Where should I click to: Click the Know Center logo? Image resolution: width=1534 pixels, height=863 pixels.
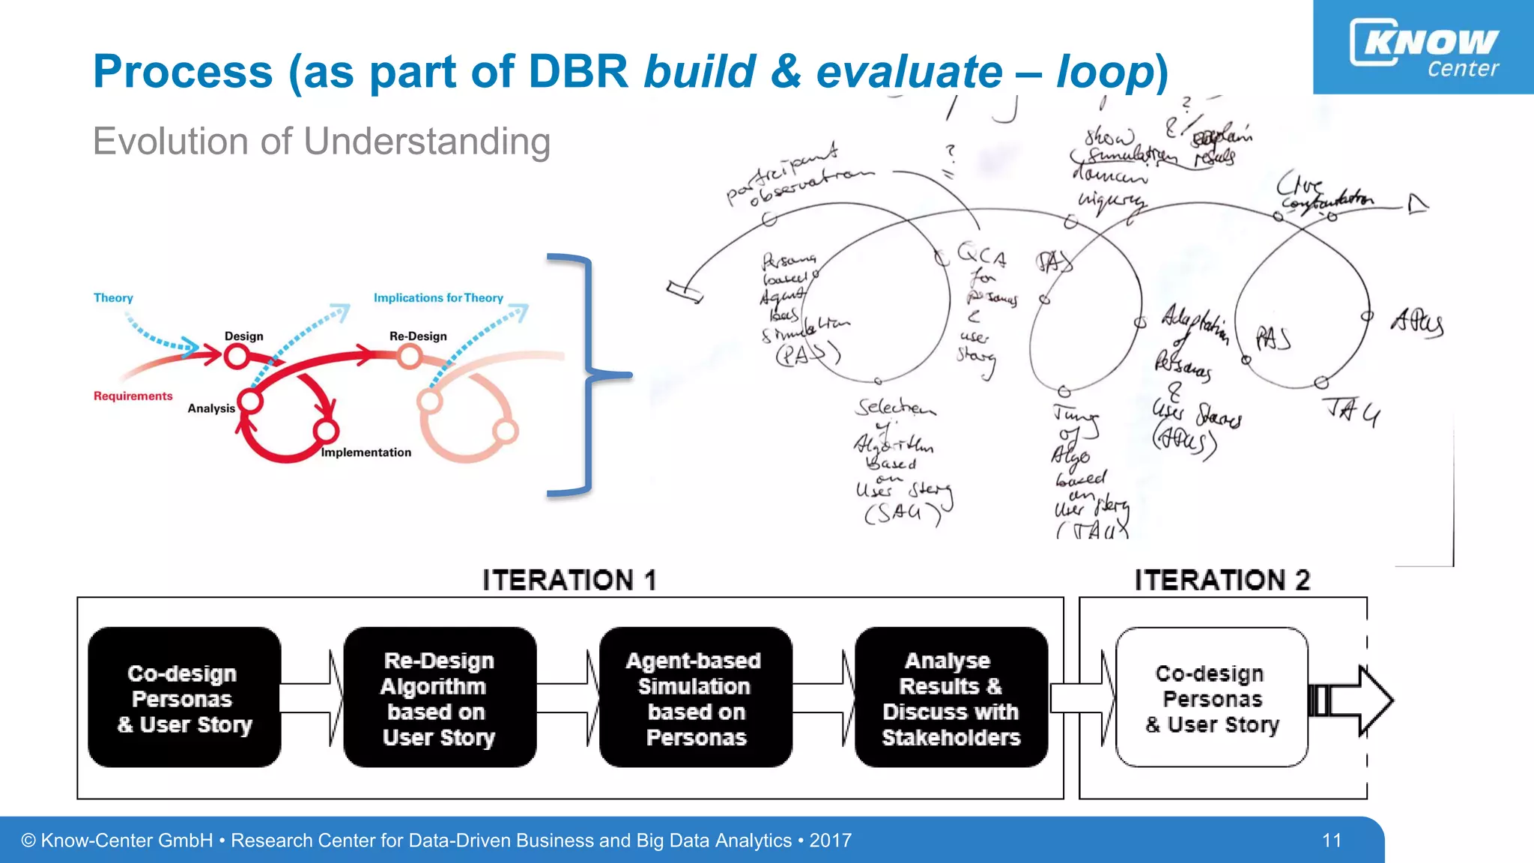pyautogui.click(x=1423, y=46)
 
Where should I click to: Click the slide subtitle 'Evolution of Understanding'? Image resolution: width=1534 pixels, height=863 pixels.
pyautogui.click(x=321, y=142)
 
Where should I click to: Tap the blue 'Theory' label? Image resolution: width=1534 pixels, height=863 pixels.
pyautogui.click(x=113, y=298)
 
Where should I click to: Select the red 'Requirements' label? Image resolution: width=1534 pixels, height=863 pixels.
pyautogui.click(x=133, y=396)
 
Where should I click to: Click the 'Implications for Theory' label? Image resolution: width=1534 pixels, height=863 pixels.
pyautogui.click(x=438, y=298)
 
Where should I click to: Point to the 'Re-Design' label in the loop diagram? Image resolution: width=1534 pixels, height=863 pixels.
pyautogui.click(x=417, y=336)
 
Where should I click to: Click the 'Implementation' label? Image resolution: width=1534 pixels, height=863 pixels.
pyautogui.click(x=366, y=452)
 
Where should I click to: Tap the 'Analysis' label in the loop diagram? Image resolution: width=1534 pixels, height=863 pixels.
pyautogui.click(x=210, y=408)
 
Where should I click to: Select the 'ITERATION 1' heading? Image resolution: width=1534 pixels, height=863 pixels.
pyautogui.click(x=569, y=581)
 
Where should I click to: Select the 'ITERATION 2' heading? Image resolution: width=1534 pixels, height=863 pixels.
pyautogui.click(x=1222, y=581)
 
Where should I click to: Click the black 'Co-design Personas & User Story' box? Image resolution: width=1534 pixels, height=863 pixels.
pyautogui.click(x=184, y=698)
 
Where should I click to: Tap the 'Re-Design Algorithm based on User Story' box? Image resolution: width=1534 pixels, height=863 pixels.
pyautogui.click(x=440, y=698)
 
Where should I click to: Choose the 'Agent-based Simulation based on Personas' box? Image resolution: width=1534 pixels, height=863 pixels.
pyautogui.click(x=695, y=698)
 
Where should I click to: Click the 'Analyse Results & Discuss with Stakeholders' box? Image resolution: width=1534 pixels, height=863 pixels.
pyautogui.click(x=951, y=698)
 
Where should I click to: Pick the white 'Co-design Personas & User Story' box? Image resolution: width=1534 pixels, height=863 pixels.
pyautogui.click(x=1211, y=698)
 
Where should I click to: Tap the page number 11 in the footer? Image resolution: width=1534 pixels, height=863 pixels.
pyautogui.click(x=1331, y=841)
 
